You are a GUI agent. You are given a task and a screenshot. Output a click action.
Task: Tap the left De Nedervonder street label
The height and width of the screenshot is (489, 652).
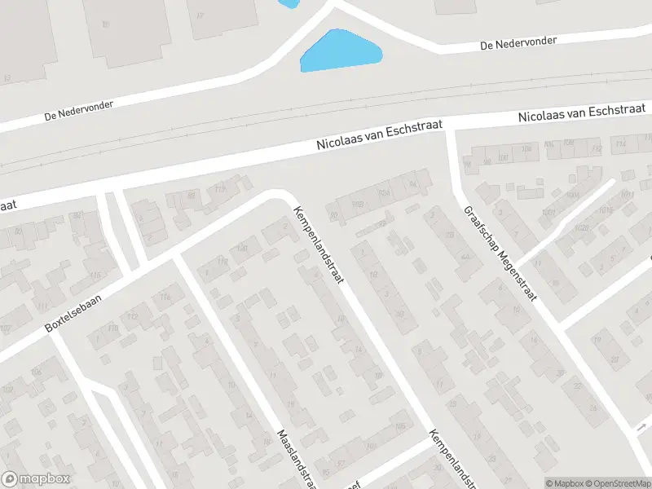79,112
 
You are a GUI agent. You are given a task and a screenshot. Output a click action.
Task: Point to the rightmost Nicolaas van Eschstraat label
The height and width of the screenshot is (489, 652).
584,112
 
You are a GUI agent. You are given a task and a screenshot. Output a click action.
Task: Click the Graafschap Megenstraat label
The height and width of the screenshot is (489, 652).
500,253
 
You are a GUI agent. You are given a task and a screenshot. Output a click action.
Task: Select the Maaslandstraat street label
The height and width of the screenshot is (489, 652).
294,458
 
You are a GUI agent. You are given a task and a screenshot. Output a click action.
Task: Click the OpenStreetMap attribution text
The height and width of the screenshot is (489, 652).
617,483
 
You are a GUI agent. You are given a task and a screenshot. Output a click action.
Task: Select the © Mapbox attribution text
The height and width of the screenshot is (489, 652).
564,483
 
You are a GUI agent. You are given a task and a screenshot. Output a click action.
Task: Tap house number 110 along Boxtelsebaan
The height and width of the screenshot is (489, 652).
113,328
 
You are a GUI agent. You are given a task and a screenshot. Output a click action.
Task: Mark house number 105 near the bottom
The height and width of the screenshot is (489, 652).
400,425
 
